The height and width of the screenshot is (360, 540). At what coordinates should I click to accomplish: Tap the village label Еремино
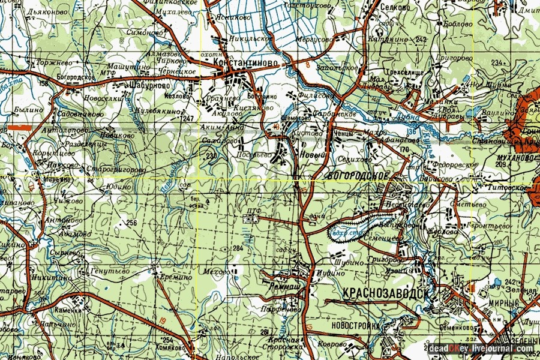tap(176, 277)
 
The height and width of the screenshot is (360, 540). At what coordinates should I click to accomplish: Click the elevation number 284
tap(238, 248)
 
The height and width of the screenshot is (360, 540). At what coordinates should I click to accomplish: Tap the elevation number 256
tap(132, 223)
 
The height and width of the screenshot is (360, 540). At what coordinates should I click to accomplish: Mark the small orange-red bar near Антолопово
tap(20, 127)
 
